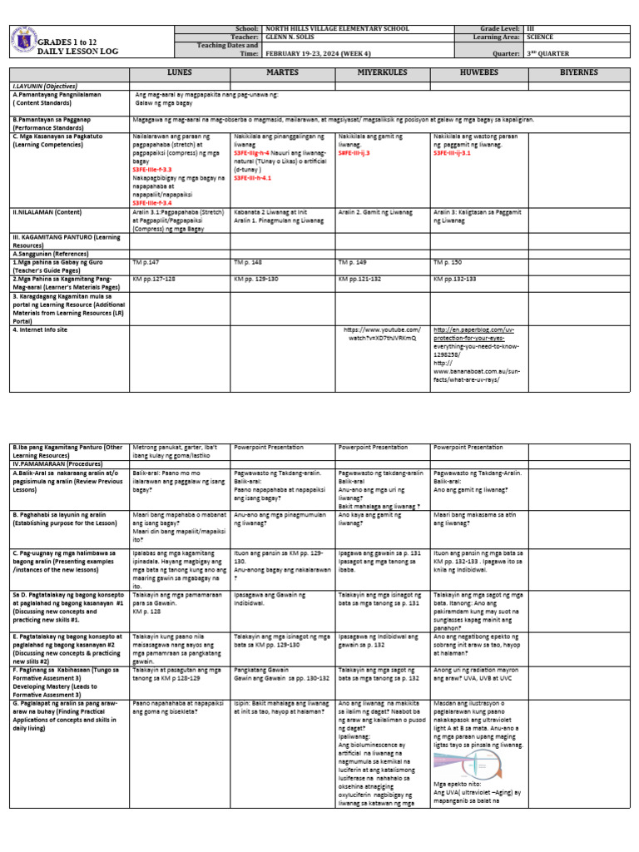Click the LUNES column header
180,73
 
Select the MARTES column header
282,73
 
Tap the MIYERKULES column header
382,73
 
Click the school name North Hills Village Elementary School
337,28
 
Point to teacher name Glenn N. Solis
288,37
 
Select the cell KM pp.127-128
156,278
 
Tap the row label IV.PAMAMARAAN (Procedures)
54,460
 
